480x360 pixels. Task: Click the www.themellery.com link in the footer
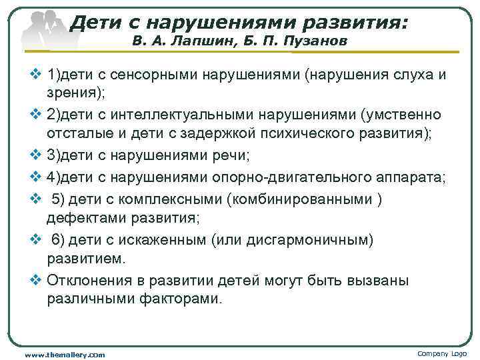65,355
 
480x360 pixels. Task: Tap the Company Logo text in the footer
442,353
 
